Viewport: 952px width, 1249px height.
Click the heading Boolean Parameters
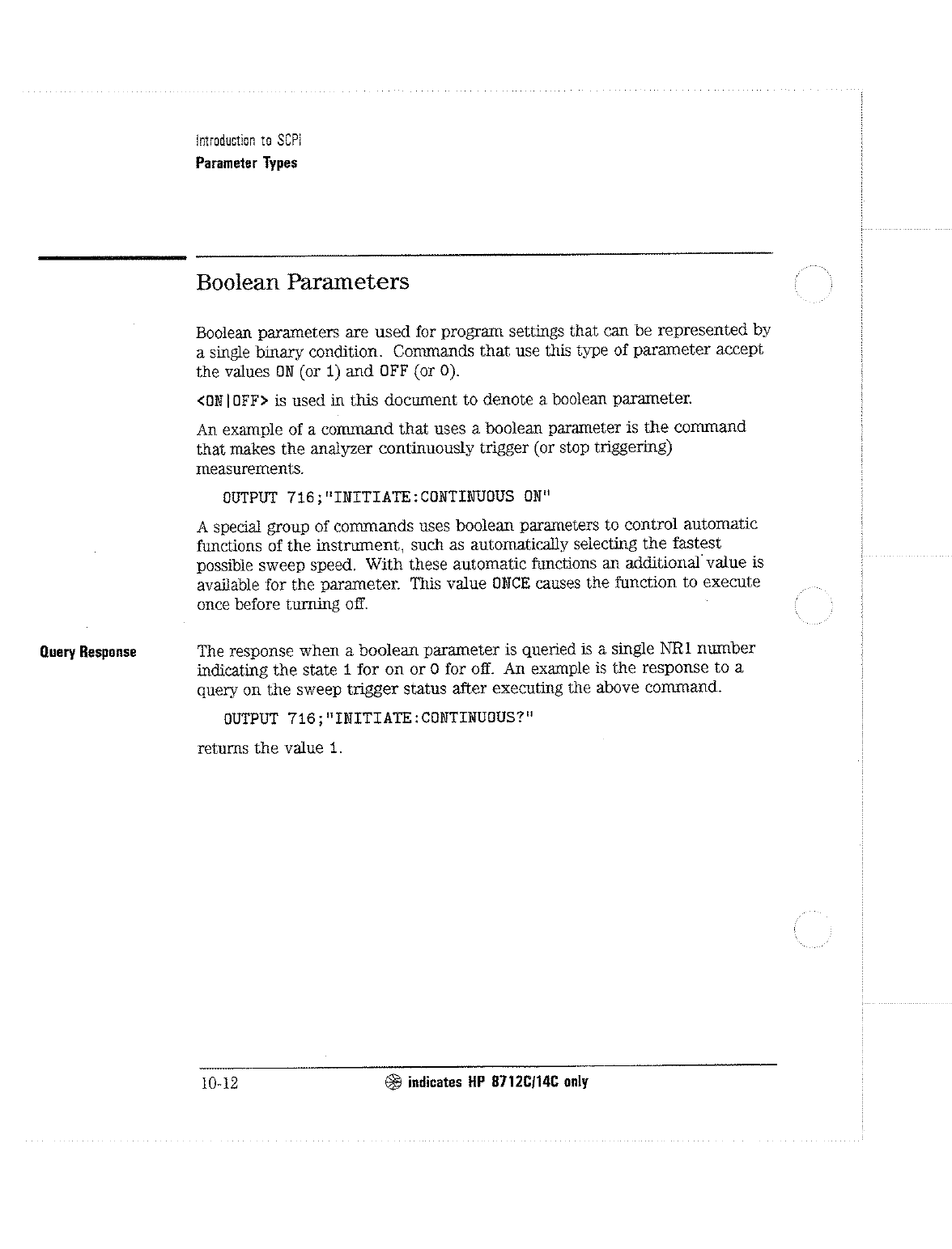[x=303, y=282]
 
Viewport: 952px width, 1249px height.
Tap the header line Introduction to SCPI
[x=249, y=140]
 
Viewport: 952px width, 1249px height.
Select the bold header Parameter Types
[x=247, y=163]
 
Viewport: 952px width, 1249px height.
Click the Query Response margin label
[x=87, y=652]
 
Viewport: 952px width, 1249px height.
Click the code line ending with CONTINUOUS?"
[x=378, y=718]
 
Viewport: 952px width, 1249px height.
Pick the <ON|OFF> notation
[x=232, y=400]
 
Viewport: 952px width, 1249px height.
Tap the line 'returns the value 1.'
[x=270, y=748]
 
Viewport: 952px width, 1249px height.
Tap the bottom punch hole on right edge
[x=814, y=929]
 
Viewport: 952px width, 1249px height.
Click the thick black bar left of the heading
[x=111, y=257]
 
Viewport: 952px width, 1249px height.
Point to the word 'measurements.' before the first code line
[x=250, y=469]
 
